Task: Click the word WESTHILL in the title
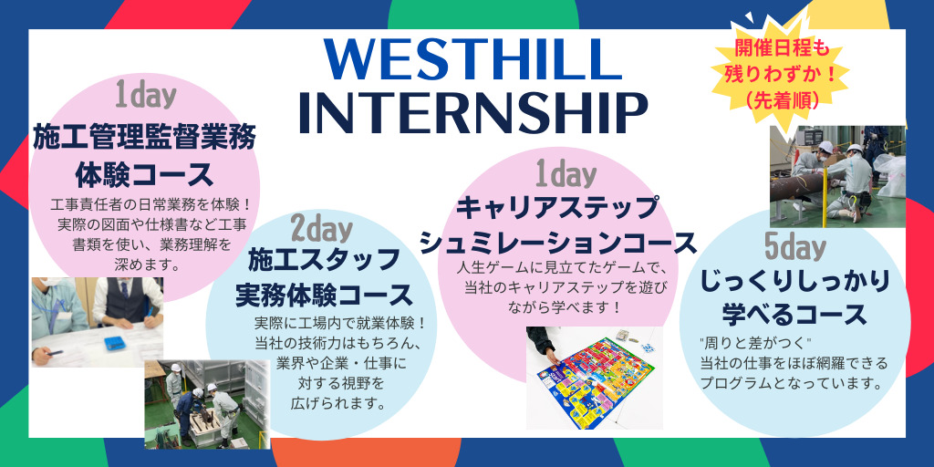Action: pos(473,59)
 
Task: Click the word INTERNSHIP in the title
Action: pos(472,112)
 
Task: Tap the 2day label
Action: pos(321,227)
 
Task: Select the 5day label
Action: pos(795,247)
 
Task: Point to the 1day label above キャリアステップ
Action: pos(566,175)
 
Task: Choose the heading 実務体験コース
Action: pos(324,295)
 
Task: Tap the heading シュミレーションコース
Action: pos(558,243)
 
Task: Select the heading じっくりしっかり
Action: pos(794,281)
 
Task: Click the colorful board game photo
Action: pos(595,378)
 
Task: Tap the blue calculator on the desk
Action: pos(117,344)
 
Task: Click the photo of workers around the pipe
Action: pos(837,176)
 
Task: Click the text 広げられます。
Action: pos(336,403)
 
